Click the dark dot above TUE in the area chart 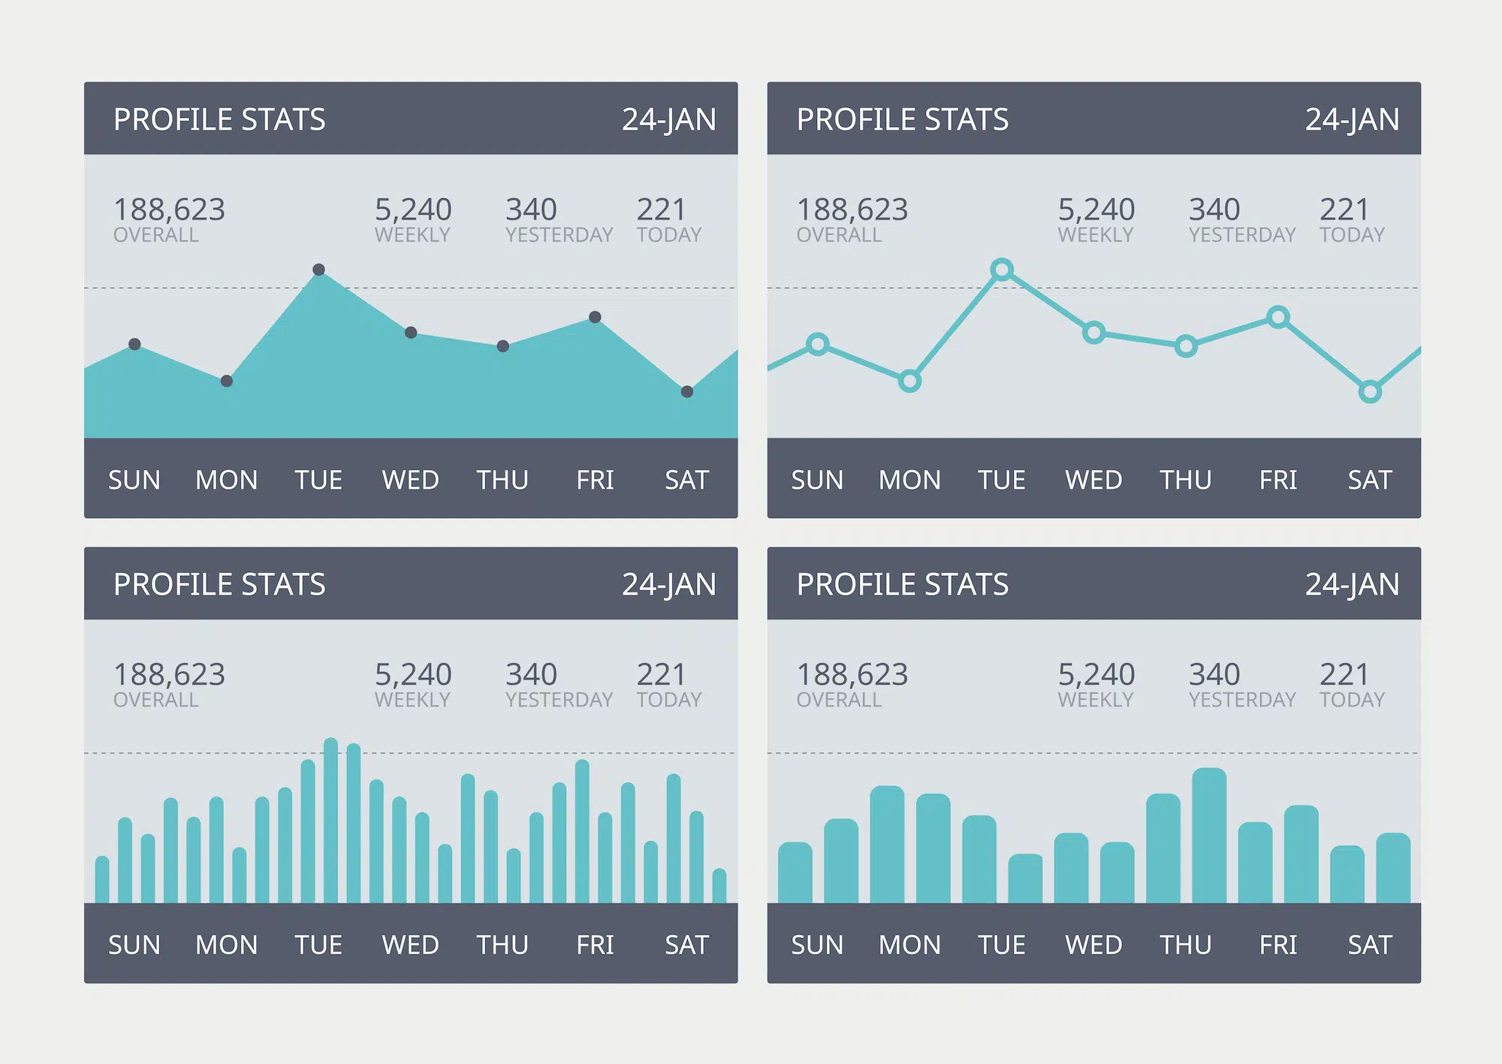pos(318,270)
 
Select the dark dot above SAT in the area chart pos(686,392)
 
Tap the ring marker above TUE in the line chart pos(1001,270)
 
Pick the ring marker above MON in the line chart pos(909,381)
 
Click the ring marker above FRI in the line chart pos(1277,318)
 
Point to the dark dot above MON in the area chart pos(227,381)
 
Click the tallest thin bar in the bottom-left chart pos(330,820)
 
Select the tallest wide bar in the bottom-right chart pos(1208,835)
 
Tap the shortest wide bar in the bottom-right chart pos(1024,879)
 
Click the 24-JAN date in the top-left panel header pos(668,120)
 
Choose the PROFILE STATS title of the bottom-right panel pos(902,585)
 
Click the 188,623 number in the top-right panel pos(852,209)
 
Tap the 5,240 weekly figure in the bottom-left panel pos(413,674)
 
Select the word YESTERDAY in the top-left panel pos(559,235)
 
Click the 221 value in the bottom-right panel pos(1344,674)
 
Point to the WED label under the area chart pos(410,480)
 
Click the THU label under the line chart pos(1185,480)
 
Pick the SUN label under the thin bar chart pos(134,945)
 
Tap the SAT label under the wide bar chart pos(1369,945)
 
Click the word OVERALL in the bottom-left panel pos(155,700)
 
